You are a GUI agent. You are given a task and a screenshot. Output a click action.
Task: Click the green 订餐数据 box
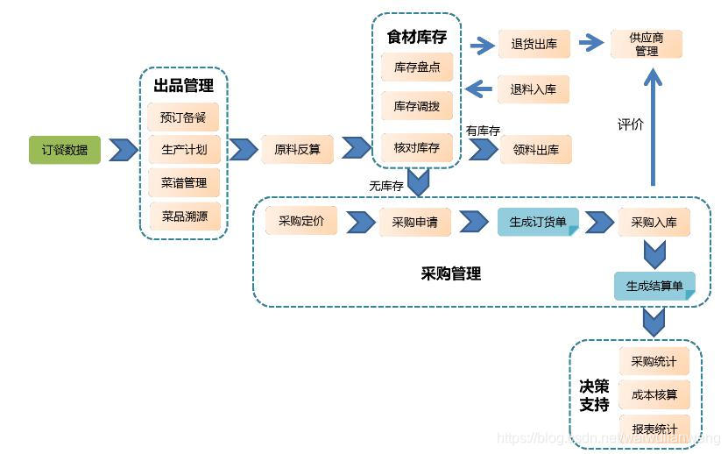click(x=65, y=149)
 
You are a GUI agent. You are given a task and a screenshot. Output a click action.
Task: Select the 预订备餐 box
click(x=183, y=117)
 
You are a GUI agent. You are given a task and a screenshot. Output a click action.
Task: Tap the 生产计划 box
click(x=183, y=149)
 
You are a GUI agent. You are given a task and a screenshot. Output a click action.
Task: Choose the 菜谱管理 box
click(x=183, y=182)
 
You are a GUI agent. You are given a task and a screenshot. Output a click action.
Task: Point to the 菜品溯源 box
click(x=183, y=216)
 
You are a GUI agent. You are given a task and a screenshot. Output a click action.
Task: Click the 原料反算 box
click(x=297, y=149)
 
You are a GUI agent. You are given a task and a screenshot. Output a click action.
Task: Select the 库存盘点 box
click(x=416, y=67)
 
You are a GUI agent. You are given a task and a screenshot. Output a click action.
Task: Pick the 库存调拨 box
click(x=416, y=106)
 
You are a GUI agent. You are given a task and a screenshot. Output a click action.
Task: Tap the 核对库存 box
click(x=416, y=147)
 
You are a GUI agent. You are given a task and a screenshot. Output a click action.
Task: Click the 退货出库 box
click(x=534, y=44)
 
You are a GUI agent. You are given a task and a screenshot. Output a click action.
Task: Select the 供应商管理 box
click(x=646, y=44)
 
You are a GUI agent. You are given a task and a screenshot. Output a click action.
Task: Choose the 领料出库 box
click(x=535, y=149)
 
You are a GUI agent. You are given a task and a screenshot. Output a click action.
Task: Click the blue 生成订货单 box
click(x=538, y=222)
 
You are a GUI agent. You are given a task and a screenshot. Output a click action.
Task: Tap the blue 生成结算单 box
click(x=654, y=286)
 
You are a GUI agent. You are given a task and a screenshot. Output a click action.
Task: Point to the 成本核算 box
click(x=654, y=394)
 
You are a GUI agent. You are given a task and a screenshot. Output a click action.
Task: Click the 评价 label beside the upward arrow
click(x=630, y=124)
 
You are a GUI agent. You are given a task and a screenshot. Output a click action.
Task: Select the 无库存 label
click(x=385, y=185)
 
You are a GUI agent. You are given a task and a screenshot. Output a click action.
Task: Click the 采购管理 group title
click(x=450, y=273)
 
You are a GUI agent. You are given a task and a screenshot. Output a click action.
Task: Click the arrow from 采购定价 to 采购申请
click(x=360, y=222)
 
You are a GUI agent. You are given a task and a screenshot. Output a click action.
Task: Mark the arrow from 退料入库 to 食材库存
click(x=479, y=88)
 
